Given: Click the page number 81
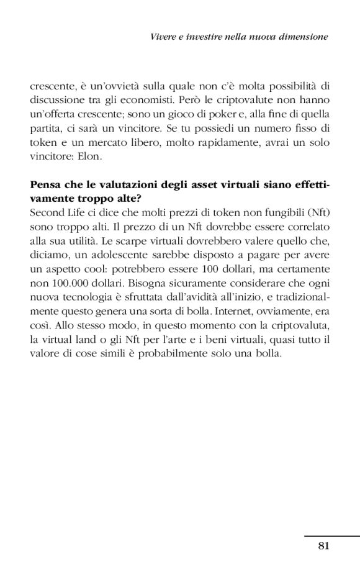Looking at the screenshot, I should (322, 546).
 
